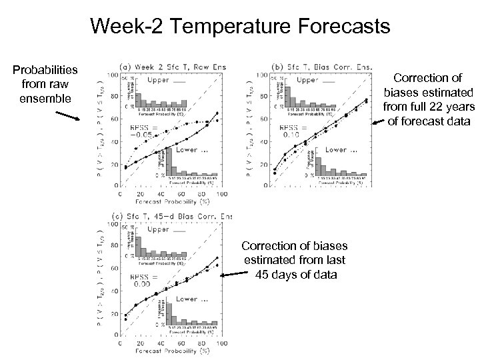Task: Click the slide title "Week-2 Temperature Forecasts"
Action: point(239,27)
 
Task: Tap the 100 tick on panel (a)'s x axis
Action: point(220,193)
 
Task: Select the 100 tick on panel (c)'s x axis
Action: point(220,343)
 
